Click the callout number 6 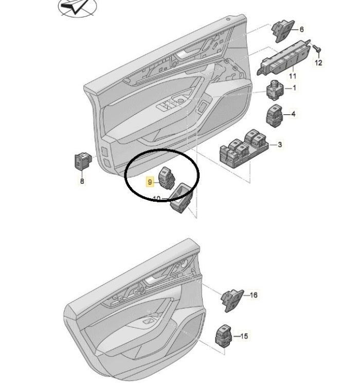click(x=301, y=29)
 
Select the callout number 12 click(x=318, y=63)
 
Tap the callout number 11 click(x=293, y=76)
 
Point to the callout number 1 click(x=295, y=88)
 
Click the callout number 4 click(x=293, y=114)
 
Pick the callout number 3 click(x=280, y=145)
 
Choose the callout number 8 click(x=82, y=181)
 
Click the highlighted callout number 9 click(x=150, y=182)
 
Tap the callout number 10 click(x=156, y=198)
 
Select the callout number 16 click(x=254, y=294)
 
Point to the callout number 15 click(x=244, y=336)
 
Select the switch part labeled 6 click(x=282, y=31)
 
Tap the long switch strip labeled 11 click(x=283, y=58)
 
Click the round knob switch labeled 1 click(x=274, y=90)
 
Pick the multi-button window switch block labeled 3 click(x=244, y=149)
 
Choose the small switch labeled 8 click(x=83, y=161)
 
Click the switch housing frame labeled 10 click(x=182, y=198)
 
